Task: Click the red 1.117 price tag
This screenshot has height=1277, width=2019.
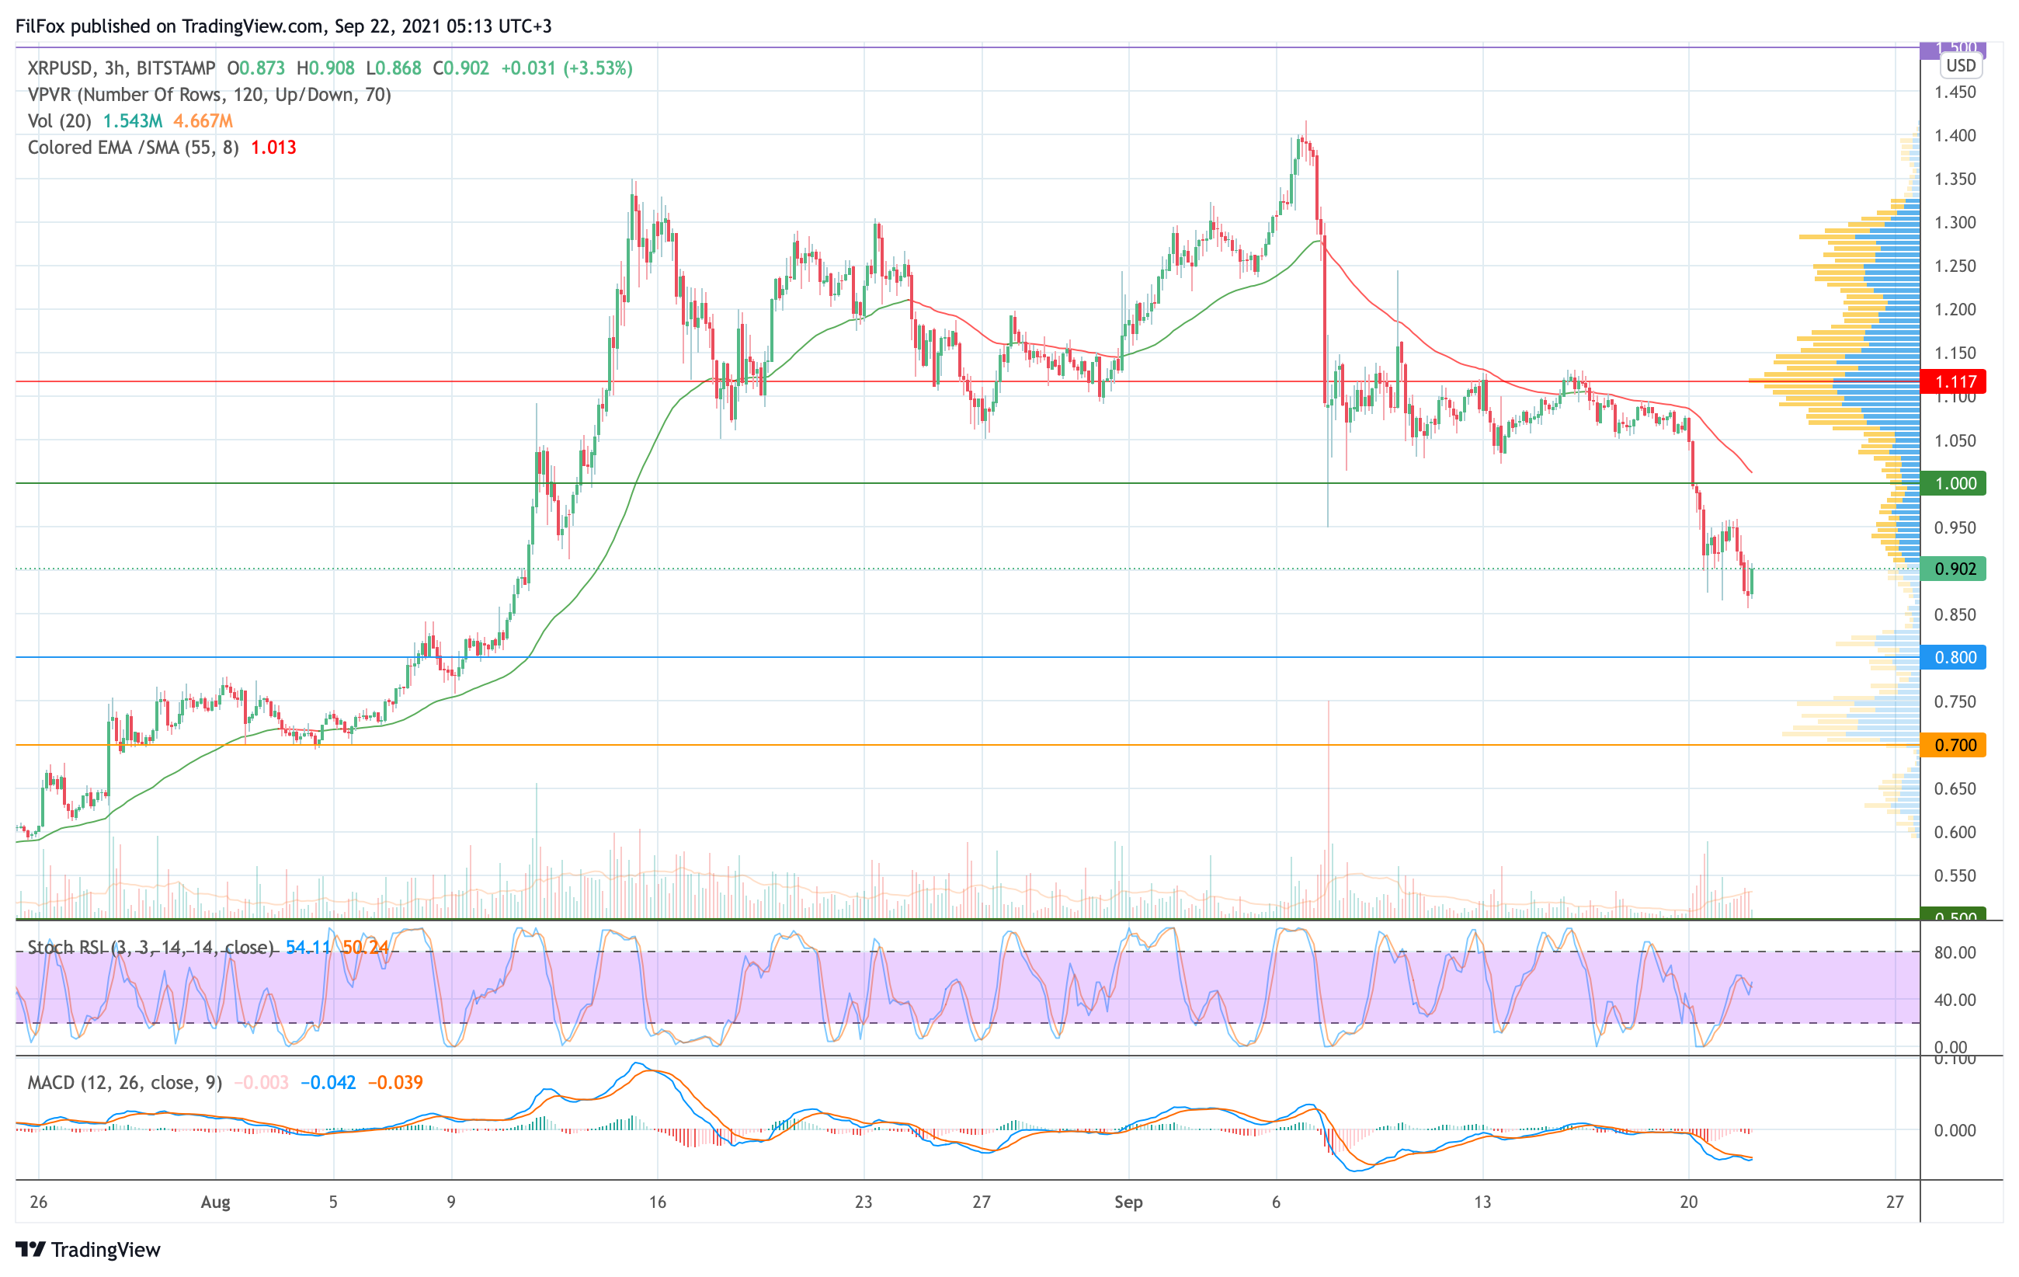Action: [1954, 381]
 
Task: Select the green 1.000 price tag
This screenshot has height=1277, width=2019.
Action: [1954, 483]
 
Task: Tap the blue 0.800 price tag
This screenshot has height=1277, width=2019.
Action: [1954, 657]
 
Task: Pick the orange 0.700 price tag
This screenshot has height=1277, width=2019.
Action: [1954, 745]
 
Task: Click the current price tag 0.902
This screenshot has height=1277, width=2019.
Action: [1954, 569]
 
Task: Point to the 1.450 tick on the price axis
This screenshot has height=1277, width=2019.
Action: [1955, 92]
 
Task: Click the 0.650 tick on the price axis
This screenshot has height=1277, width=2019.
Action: [1955, 788]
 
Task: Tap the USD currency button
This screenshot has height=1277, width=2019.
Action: [1960, 65]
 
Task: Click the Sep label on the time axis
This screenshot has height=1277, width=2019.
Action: [1128, 1202]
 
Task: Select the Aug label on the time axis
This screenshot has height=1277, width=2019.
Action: [215, 1202]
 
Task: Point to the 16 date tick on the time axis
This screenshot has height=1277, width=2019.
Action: [658, 1202]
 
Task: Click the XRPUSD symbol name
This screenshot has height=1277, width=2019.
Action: [60, 68]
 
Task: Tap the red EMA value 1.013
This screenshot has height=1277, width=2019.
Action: [273, 148]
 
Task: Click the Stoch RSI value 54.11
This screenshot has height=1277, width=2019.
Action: [308, 948]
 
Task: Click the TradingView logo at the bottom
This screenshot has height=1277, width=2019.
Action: [88, 1249]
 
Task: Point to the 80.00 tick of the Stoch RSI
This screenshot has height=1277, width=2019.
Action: [1955, 952]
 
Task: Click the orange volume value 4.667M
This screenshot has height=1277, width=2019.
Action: [203, 120]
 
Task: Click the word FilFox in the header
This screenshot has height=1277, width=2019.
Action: [40, 26]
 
